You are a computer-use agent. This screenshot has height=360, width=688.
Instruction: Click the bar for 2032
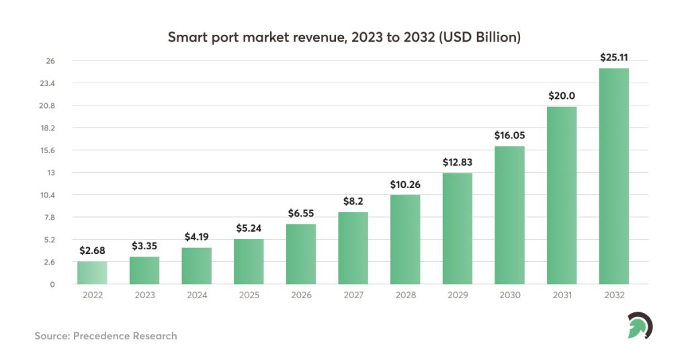613,176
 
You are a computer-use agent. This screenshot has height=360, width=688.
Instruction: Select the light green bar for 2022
92,273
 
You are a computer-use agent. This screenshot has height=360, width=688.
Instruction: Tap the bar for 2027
353,248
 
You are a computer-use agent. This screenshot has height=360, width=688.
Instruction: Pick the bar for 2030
509,215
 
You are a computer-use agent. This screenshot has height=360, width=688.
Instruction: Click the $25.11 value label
613,58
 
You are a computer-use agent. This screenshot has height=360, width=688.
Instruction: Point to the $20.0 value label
562,96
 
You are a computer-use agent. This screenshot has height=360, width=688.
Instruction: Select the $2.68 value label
92,251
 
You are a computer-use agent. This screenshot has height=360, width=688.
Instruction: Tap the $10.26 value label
405,184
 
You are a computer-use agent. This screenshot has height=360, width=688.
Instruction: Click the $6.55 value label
300,214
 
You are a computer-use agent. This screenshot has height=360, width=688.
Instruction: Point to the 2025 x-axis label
249,296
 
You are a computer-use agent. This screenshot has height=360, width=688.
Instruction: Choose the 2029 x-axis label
457,296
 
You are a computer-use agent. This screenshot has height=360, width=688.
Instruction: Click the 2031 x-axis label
562,296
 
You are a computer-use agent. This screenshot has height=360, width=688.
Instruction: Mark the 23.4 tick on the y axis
48,83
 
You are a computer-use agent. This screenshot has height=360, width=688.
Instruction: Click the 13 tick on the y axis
50,173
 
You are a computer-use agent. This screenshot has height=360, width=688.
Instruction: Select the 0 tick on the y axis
52,284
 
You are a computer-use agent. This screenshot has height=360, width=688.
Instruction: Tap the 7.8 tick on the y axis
49,218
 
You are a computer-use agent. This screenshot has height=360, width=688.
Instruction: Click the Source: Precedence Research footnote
105,335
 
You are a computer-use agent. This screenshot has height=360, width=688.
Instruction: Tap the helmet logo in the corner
639,326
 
